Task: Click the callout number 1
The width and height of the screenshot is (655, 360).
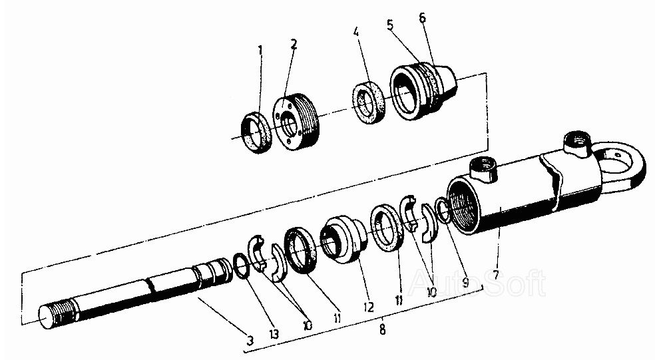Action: [260, 49]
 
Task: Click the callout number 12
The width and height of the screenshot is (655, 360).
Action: [368, 307]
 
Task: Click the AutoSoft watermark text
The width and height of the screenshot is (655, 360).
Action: [478, 283]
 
